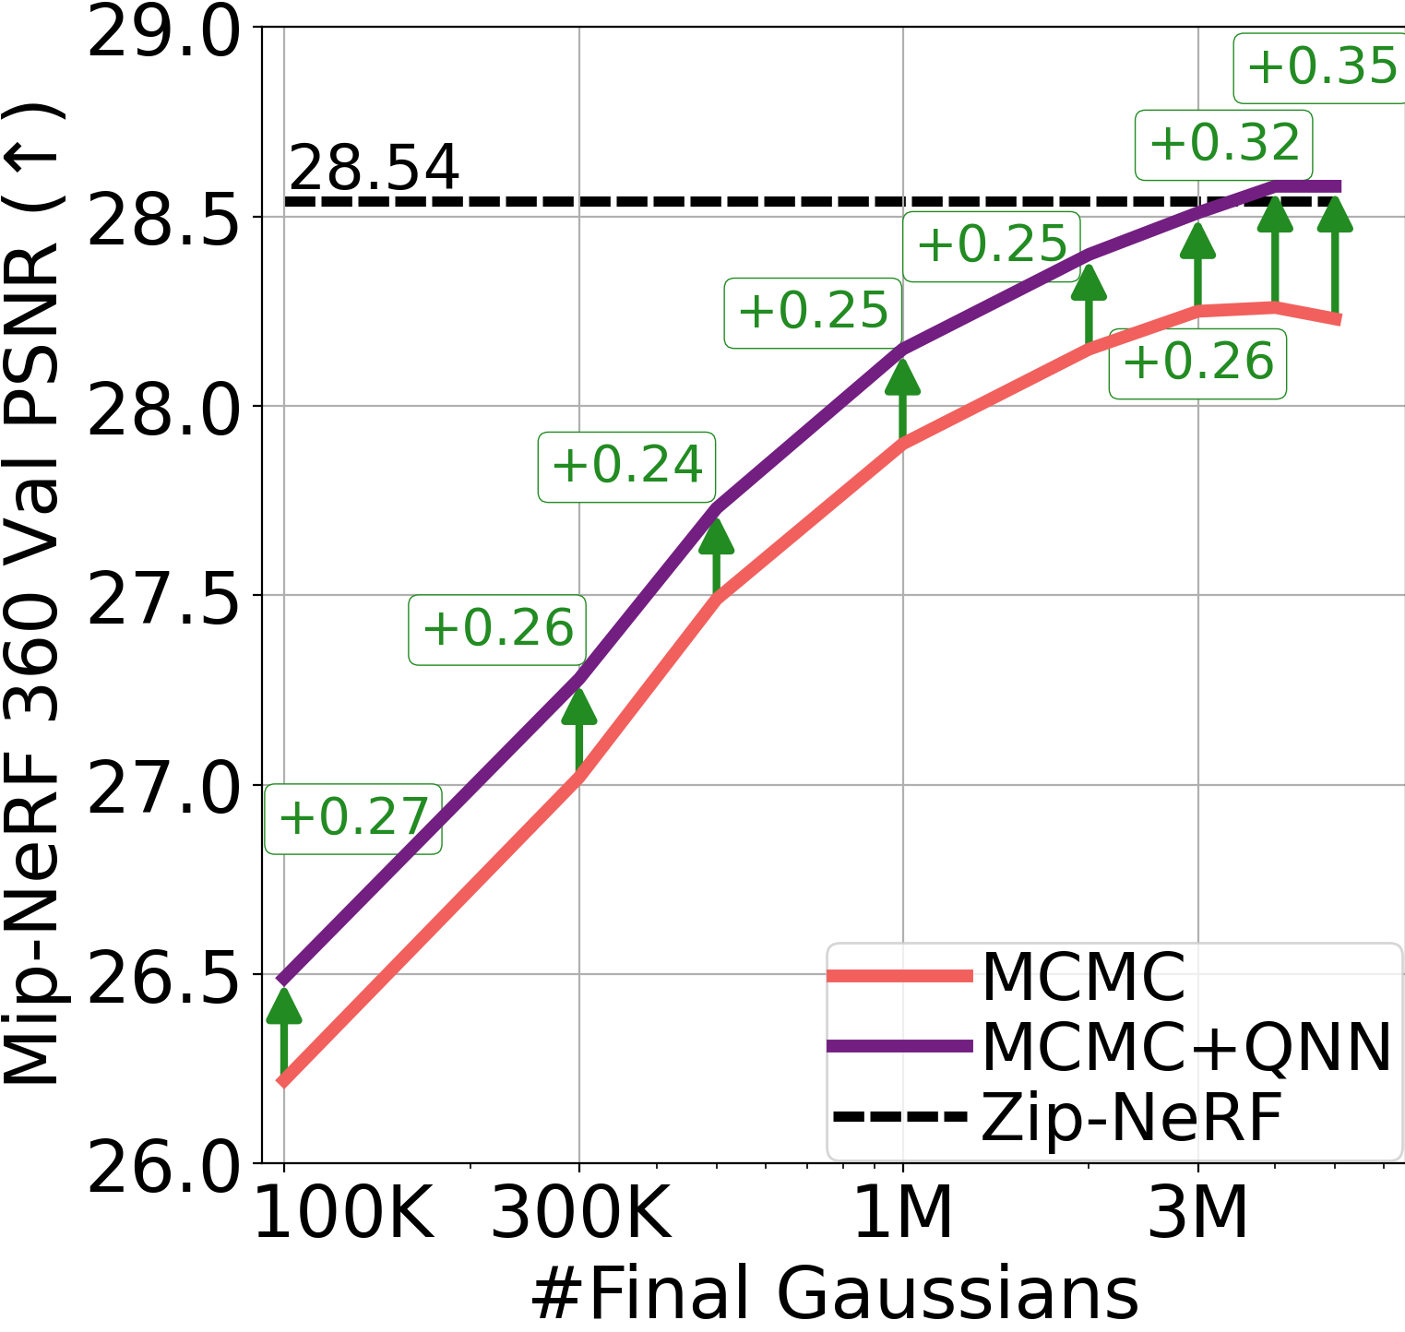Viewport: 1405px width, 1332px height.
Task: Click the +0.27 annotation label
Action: (353, 818)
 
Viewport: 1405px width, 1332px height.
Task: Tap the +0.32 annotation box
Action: (1223, 144)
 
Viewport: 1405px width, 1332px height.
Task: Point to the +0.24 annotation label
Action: (627, 466)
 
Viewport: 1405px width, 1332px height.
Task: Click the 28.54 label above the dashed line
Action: (374, 168)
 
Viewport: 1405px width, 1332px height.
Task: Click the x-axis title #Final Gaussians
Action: (834, 1293)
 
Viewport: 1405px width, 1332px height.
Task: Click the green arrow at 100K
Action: (284, 1029)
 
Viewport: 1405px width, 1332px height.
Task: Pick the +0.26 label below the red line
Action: (1197, 363)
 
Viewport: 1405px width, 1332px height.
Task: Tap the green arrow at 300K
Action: (579, 729)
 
